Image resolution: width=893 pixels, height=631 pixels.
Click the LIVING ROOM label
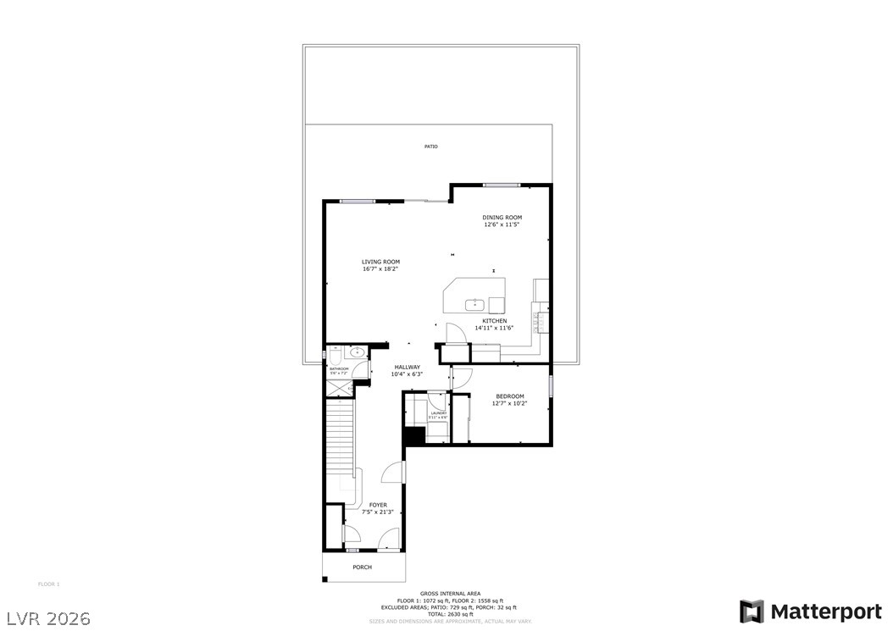click(380, 262)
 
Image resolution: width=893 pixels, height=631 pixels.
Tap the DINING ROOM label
click(502, 218)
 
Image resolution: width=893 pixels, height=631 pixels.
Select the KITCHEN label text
click(495, 321)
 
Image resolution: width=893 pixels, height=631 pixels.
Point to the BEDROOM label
click(509, 396)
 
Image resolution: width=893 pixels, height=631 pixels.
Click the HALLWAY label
click(407, 367)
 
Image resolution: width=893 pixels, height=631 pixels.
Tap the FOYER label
click(378, 505)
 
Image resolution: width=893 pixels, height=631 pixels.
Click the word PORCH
click(362, 567)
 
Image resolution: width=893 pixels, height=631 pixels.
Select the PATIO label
click(431, 147)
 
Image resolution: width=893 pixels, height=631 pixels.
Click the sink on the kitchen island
click(476, 303)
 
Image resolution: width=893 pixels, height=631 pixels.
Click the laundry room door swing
click(437, 399)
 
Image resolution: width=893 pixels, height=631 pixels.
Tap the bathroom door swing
click(362, 370)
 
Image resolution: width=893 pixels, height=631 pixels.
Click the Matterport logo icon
click(751, 611)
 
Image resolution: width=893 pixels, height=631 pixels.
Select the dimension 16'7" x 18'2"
click(380, 269)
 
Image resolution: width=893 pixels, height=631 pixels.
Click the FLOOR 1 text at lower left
click(49, 584)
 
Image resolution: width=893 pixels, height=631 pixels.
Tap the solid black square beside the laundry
click(413, 435)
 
